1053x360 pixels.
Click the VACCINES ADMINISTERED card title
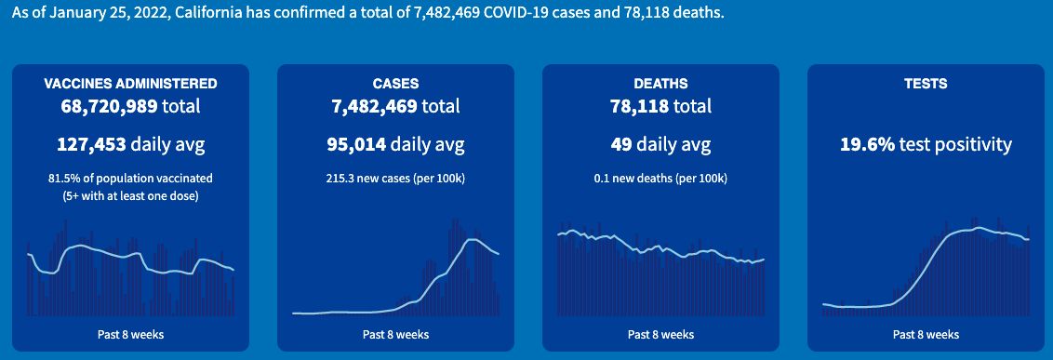[x=130, y=84]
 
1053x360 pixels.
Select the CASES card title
[x=395, y=84]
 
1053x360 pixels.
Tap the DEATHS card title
[x=660, y=84]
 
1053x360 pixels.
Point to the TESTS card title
[x=926, y=84]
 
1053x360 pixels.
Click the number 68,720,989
[x=109, y=106]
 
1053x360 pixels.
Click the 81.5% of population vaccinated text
[x=130, y=178]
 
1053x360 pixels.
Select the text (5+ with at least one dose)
[x=130, y=195]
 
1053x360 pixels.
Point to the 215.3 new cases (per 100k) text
[x=395, y=178]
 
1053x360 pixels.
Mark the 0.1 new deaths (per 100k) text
[x=660, y=178]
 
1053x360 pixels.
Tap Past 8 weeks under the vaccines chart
[x=130, y=334]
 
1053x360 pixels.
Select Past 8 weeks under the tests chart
[x=926, y=334]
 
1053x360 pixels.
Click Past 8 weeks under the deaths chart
[x=660, y=334]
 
